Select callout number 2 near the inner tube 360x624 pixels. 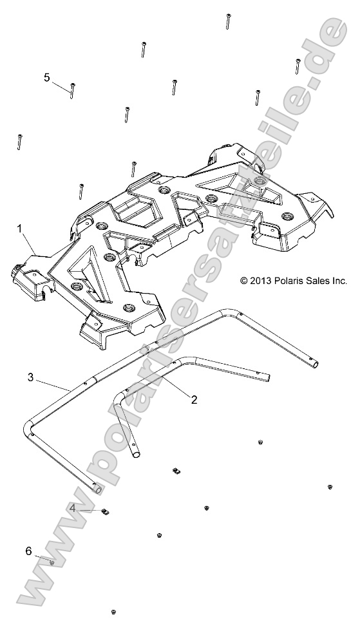[x=193, y=399]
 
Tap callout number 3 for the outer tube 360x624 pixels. [x=30, y=377]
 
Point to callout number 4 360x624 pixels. [x=73, y=508]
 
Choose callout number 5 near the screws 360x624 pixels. [x=47, y=77]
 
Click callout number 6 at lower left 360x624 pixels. [x=28, y=551]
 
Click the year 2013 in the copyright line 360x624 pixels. [x=262, y=281]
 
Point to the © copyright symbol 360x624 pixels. [x=244, y=281]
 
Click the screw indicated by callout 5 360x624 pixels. [x=73, y=90]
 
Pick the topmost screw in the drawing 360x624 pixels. [x=228, y=21]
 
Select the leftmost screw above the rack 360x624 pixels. [x=20, y=142]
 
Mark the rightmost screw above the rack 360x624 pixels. [x=298, y=66]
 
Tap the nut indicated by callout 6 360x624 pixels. [x=52, y=562]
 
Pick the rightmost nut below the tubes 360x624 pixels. [x=330, y=487]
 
